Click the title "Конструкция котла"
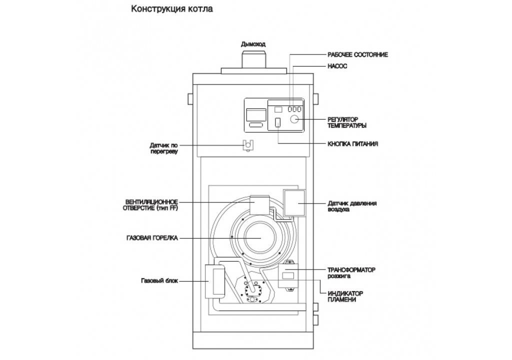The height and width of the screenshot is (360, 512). pyautogui.click(x=167, y=9)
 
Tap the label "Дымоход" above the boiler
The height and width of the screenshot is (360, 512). pyautogui.click(x=254, y=44)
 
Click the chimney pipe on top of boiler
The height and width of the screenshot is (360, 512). pyautogui.click(x=255, y=58)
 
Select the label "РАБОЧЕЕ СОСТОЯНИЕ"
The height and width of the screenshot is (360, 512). pyautogui.click(x=357, y=54)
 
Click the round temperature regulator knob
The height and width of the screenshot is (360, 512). pyautogui.click(x=294, y=119)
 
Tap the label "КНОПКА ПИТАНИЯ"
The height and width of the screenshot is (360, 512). pyautogui.click(x=352, y=144)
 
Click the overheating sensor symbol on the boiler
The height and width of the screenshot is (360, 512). pyautogui.click(x=247, y=144)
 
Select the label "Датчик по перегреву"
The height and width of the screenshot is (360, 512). pyautogui.click(x=163, y=148)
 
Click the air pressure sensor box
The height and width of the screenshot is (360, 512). pyautogui.click(x=294, y=203)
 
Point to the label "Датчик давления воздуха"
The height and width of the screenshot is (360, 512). pyautogui.click(x=352, y=206)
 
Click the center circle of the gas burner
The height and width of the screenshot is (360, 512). pyautogui.click(x=259, y=238)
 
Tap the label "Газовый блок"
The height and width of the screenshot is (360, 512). pyautogui.click(x=159, y=280)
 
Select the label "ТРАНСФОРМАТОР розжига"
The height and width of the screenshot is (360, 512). pyautogui.click(x=351, y=272)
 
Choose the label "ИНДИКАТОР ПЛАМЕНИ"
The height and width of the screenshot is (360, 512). pyautogui.click(x=345, y=296)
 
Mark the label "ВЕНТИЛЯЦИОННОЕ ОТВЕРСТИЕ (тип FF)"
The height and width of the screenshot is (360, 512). pyautogui.click(x=151, y=205)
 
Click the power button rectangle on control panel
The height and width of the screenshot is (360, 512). pyautogui.click(x=278, y=122)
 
